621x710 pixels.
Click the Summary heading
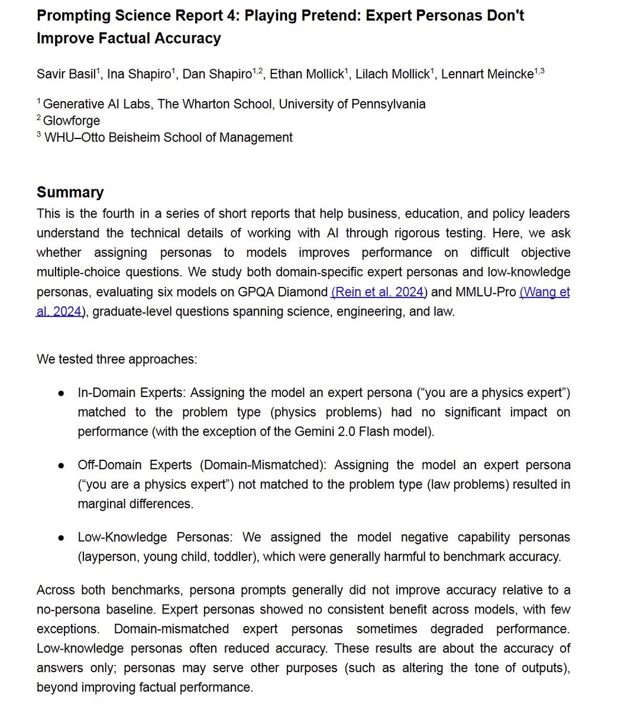pyautogui.click(x=70, y=192)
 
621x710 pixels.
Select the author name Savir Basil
pyautogui.click(x=66, y=74)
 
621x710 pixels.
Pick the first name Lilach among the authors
pyautogui.click(x=373, y=74)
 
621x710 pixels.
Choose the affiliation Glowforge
pyautogui.click(x=72, y=121)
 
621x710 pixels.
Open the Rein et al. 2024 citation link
pyautogui.click(x=379, y=292)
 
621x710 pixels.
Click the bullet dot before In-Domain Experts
pyautogui.click(x=61, y=393)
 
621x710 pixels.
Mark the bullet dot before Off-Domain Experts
pyautogui.click(x=61, y=466)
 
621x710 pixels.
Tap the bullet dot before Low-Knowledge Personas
pyautogui.click(x=61, y=538)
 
